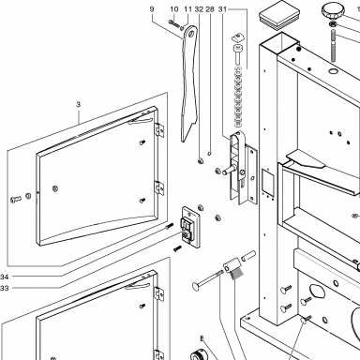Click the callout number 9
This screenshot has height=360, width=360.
[x=152, y=9]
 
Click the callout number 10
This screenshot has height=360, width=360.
[x=174, y=9]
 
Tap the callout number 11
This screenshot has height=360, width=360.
[x=187, y=9]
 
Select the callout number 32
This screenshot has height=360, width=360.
[x=199, y=9]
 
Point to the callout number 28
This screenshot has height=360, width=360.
[x=210, y=9]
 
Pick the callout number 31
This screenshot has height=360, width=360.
[x=222, y=9]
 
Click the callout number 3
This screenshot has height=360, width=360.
[x=78, y=104]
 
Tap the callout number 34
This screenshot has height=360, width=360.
[x=5, y=277]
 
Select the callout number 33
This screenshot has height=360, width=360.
[x=5, y=288]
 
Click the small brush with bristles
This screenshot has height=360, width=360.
[x=234, y=269]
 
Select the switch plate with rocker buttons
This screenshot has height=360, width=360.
[x=190, y=227]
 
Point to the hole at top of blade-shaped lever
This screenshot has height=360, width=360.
[x=190, y=32]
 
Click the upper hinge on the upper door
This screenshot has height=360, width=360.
[x=159, y=129]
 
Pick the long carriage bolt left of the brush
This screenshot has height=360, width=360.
[x=207, y=278]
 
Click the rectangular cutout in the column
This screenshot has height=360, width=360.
[x=267, y=182]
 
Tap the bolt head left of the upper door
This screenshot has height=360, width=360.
[x=15, y=199]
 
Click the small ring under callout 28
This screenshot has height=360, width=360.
[x=210, y=153]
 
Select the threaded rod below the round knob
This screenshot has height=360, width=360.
[x=333, y=45]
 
